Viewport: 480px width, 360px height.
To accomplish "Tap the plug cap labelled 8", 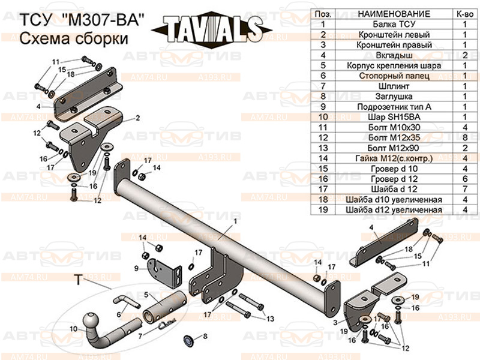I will pyautogui.click(x=188, y=340).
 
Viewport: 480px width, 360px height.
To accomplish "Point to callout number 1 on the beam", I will pyautogui.click(x=235, y=221).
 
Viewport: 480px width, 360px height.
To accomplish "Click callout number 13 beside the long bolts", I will pyautogui.click(x=269, y=318).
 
